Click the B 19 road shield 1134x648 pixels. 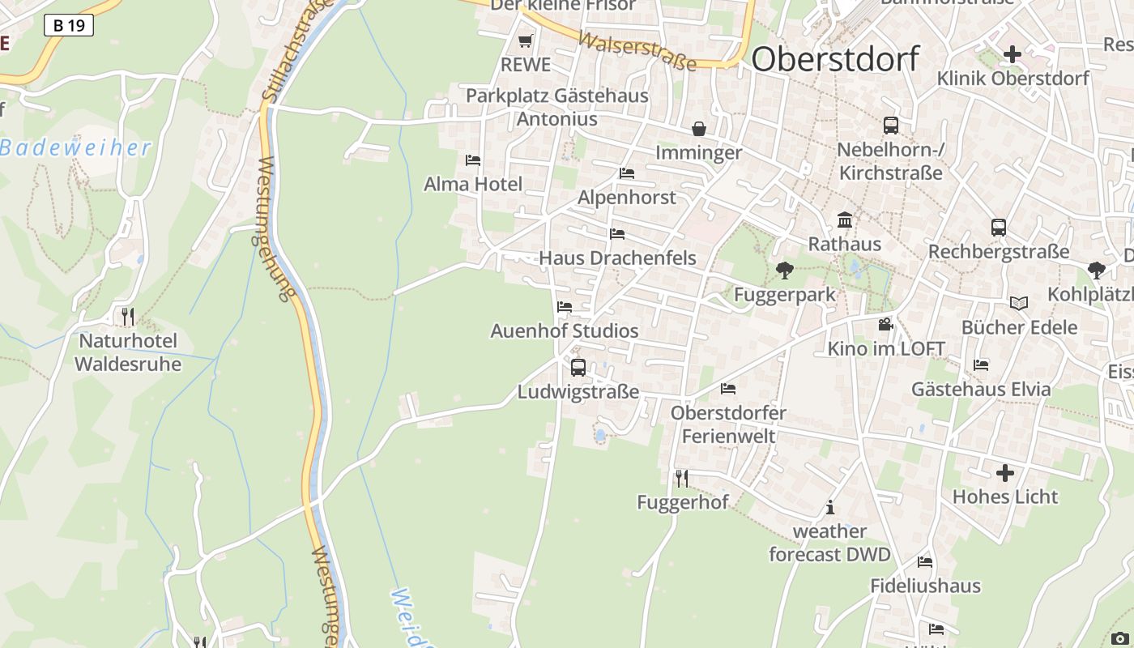click(69, 26)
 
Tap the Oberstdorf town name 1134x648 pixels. click(835, 59)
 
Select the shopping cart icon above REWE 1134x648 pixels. click(526, 40)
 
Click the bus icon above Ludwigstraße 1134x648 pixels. click(578, 367)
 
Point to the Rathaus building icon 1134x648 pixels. click(845, 220)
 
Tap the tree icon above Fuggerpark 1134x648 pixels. click(784, 271)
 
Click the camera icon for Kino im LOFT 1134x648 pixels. click(885, 325)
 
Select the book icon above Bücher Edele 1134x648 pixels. click(1019, 303)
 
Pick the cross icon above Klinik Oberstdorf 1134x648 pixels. click(1013, 55)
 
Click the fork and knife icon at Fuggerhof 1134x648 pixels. click(682, 479)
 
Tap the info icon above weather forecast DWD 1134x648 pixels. click(829, 508)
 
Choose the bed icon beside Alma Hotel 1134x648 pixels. click(473, 160)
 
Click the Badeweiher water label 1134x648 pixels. click(75, 148)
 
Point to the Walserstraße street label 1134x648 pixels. click(637, 51)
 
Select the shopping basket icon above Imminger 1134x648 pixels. click(698, 129)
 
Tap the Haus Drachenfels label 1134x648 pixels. click(617, 258)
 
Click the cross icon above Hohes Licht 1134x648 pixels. click(1005, 472)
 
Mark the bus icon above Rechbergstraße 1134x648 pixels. click(999, 228)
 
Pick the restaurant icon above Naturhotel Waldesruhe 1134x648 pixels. click(127, 316)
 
